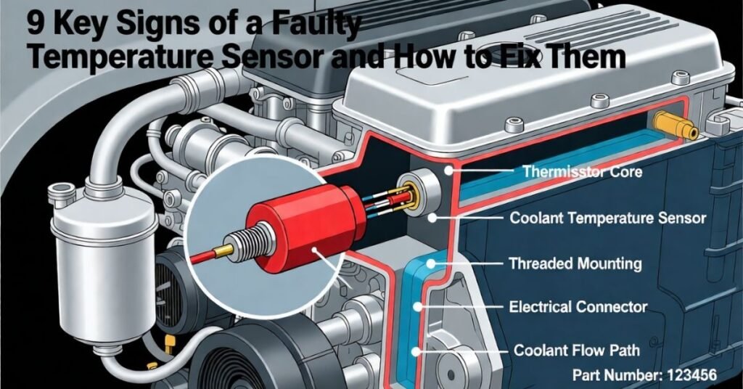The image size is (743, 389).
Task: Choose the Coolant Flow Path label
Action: coord(577,351)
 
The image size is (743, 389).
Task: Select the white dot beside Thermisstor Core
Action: coord(450,171)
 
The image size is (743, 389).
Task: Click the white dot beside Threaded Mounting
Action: coord(432,263)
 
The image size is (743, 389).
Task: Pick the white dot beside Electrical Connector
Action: coord(419,307)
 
